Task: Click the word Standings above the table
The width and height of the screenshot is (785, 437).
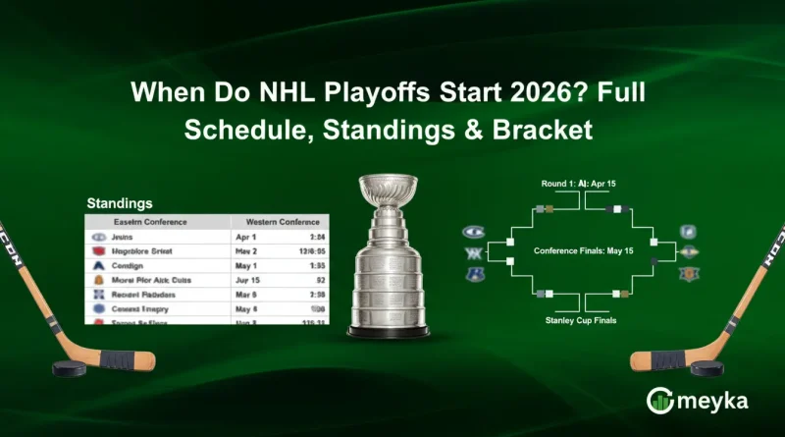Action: pos(119,203)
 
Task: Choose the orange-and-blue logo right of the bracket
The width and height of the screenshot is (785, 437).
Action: pos(689,274)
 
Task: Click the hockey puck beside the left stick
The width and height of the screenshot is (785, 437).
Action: pos(67,368)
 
